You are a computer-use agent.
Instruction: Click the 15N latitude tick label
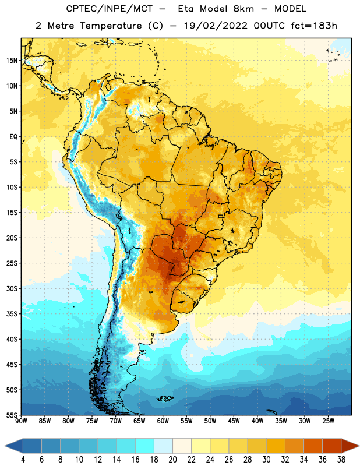[x=12, y=61]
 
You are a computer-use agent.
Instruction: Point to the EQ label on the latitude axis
[x=13, y=137]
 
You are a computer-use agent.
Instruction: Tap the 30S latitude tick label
[x=12, y=288]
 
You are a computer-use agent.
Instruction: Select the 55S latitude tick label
[x=12, y=415]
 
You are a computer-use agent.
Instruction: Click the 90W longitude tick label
[x=21, y=421]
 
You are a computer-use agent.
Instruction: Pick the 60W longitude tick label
[x=163, y=421]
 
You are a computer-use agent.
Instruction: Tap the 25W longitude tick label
[x=328, y=421]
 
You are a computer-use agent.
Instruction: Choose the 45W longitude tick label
[x=234, y=421]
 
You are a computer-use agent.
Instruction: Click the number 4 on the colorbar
[x=23, y=460]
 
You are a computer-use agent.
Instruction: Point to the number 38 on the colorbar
[x=341, y=460]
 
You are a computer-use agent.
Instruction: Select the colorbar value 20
[x=172, y=460]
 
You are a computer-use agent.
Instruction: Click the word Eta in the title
[x=186, y=9]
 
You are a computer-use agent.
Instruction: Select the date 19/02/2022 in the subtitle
[x=216, y=26]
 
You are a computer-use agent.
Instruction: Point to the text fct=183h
[x=314, y=26]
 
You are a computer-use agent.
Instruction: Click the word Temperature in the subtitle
[x=111, y=26]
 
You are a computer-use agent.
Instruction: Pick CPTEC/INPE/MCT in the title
[x=110, y=9]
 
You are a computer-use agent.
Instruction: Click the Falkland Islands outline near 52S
[x=165, y=398]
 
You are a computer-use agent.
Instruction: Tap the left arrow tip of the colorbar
[x=5, y=446]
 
